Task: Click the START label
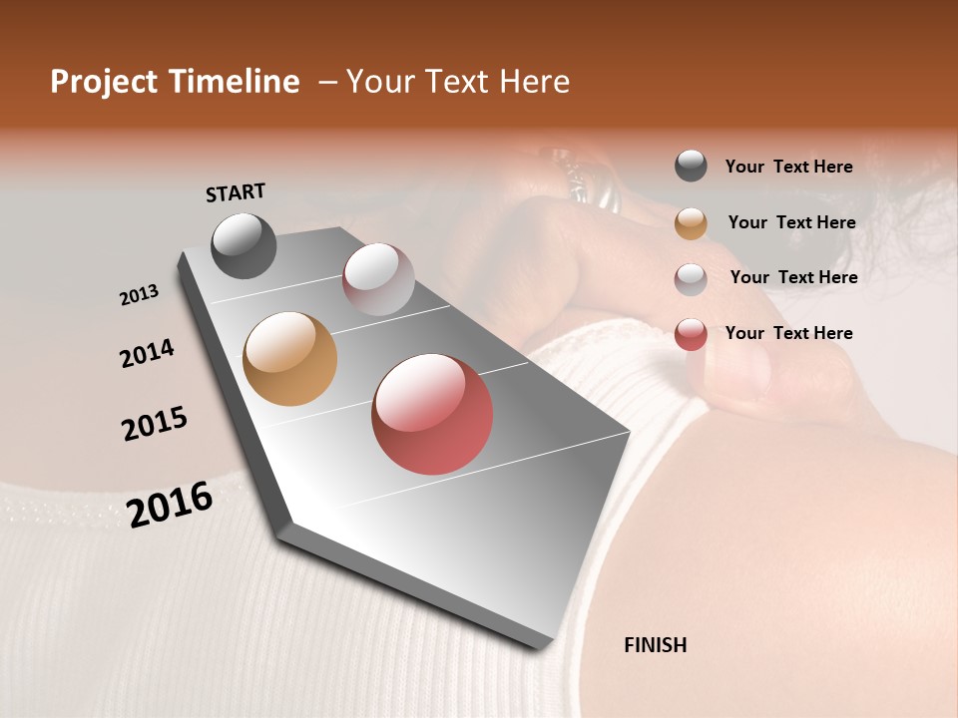coord(236,192)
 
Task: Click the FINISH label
coord(655,645)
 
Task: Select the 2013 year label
coord(139,294)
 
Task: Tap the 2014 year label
coord(147,353)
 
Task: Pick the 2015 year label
coord(155,424)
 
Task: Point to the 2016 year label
coord(170,504)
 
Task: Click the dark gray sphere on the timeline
coord(243,245)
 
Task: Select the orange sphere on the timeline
coord(289,359)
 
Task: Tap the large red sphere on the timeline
coord(432,414)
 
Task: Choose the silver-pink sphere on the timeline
coord(378,279)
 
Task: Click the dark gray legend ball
coord(691,167)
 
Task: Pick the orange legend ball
coord(691,223)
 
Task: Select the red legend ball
coord(691,334)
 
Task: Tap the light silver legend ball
coord(691,279)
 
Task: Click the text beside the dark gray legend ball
coord(788,167)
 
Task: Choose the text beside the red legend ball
coord(788,333)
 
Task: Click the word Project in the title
coord(104,82)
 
